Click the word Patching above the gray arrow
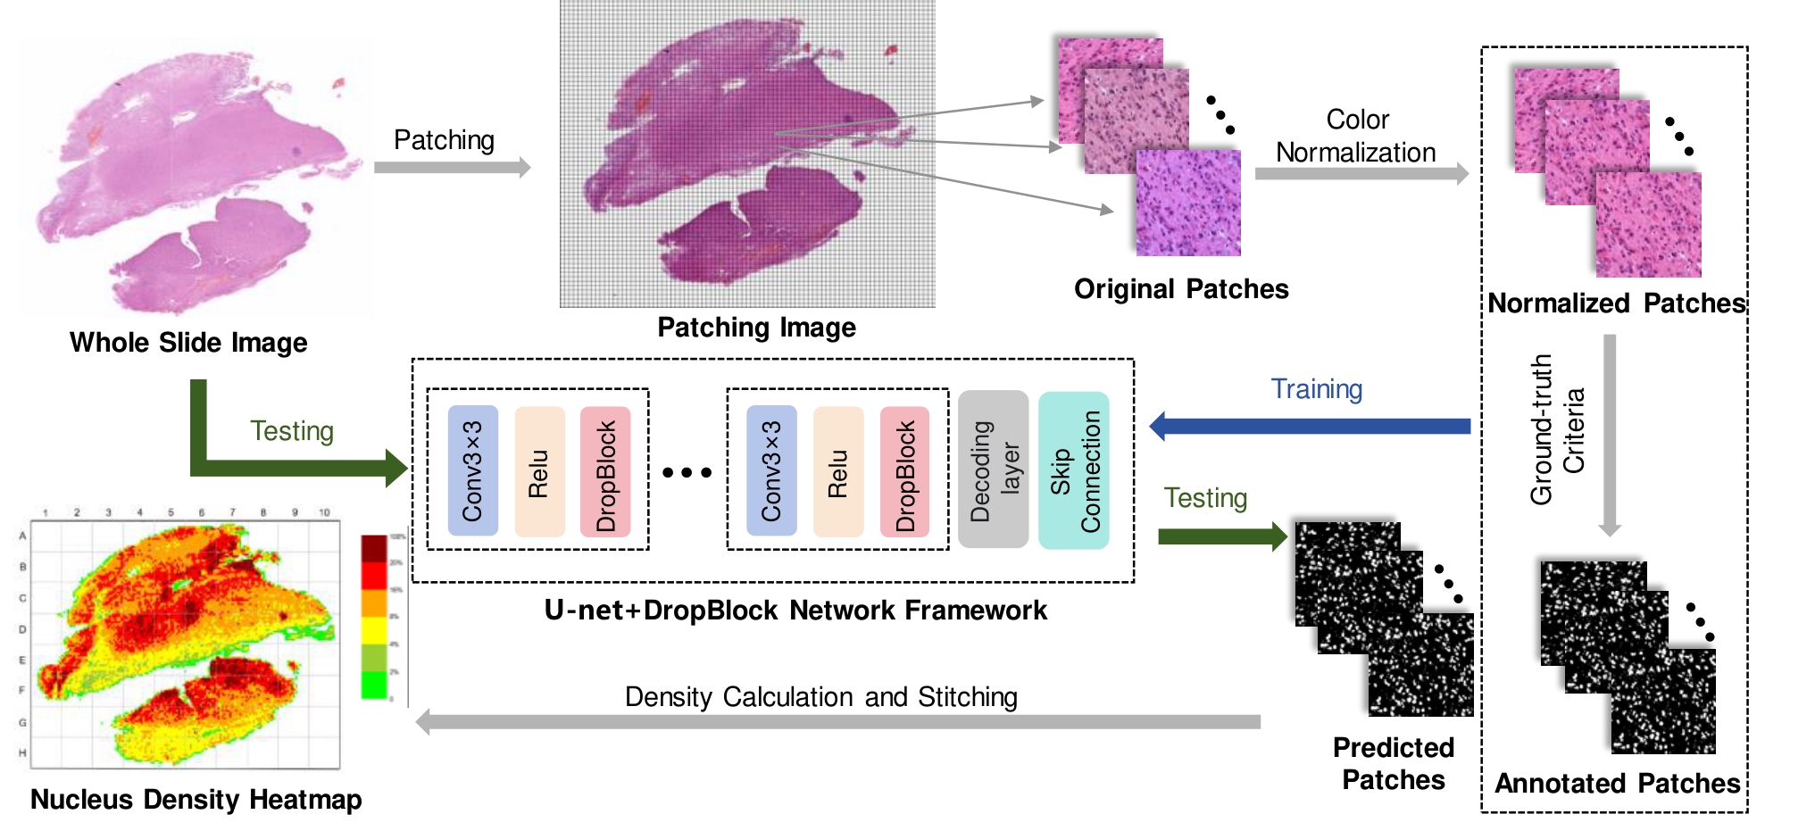444,140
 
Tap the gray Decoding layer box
993,470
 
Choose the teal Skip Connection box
1074,470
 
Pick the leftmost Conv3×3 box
472,470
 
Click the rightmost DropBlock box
904,471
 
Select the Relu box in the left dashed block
539,471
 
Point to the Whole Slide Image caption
188,343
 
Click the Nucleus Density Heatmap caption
196,799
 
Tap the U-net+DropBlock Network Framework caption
795,611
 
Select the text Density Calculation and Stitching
820,697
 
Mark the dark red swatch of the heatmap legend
374,548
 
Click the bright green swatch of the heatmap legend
374,685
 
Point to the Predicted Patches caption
1393,763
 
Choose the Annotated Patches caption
1617,784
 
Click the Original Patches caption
1180,289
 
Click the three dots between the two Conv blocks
687,472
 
